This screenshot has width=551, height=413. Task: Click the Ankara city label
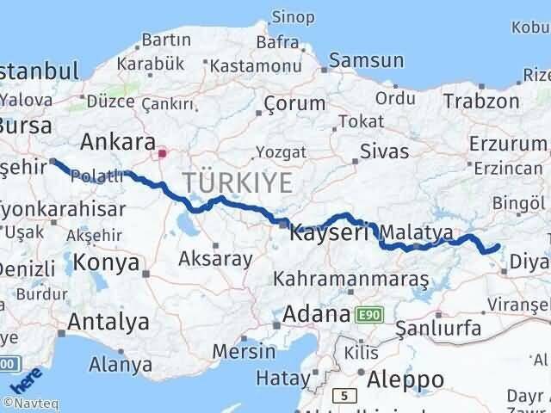coord(117,141)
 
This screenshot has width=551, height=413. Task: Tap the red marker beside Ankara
coord(161,154)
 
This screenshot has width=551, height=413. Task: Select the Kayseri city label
coord(330,231)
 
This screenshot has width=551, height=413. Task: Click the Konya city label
coord(107,262)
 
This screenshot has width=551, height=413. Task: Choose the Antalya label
coord(110,322)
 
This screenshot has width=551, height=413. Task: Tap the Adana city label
coord(318,313)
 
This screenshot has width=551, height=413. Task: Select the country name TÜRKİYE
coord(237,182)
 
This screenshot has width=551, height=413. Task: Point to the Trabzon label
coord(480,101)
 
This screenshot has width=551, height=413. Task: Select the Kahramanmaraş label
coord(350,280)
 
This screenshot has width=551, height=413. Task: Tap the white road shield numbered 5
coord(344,395)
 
